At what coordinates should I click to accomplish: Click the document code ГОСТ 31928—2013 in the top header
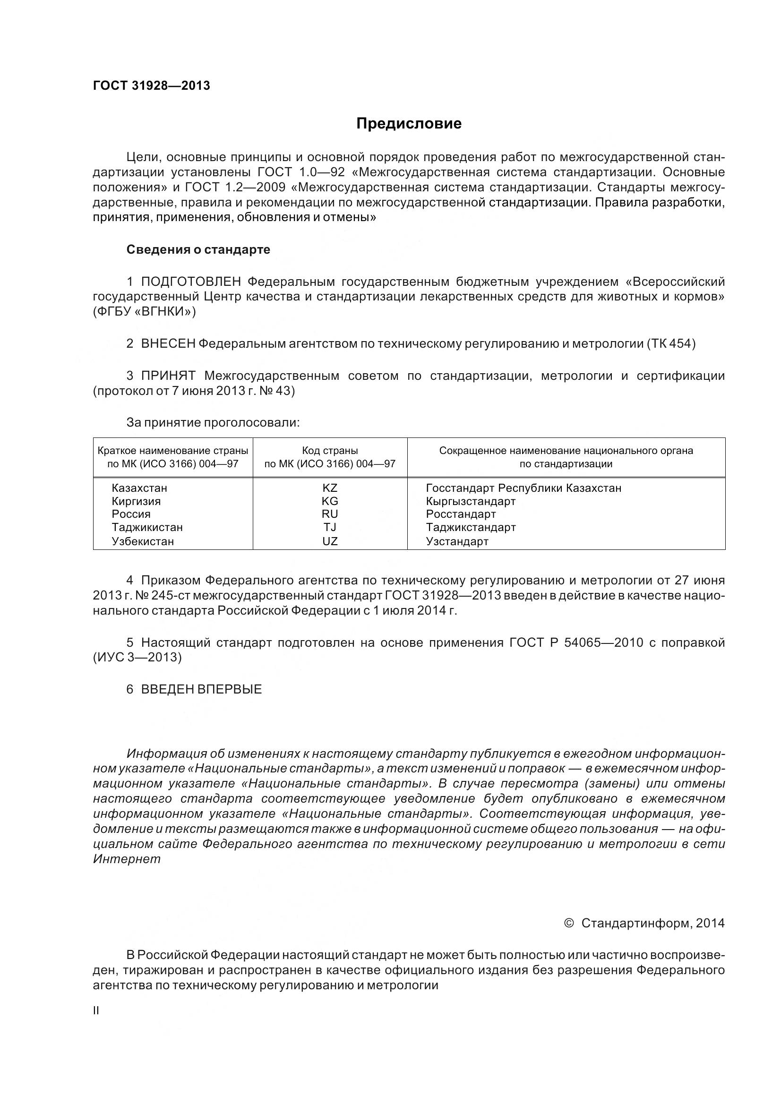click(x=151, y=86)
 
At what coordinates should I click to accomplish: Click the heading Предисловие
click(x=409, y=124)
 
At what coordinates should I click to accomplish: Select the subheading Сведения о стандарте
click(x=198, y=250)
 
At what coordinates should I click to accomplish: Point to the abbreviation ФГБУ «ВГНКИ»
click(x=145, y=312)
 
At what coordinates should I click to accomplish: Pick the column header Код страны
click(x=330, y=451)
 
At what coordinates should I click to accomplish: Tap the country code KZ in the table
click(x=330, y=488)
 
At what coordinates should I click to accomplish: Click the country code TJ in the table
click(x=330, y=528)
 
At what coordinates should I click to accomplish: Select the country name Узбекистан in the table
click(x=142, y=541)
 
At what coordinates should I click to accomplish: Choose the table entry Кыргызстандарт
click(x=471, y=502)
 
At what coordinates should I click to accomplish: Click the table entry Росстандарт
click(x=461, y=514)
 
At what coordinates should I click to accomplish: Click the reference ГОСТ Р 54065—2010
click(x=576, y=642)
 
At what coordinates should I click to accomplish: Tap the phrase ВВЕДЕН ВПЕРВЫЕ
click(x=201, y=689)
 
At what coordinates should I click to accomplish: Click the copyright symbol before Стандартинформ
click(x=569, y=923)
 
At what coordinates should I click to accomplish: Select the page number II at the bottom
click(x=96, y=1011)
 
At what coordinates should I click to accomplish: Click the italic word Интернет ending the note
click(x=127, y=858)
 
